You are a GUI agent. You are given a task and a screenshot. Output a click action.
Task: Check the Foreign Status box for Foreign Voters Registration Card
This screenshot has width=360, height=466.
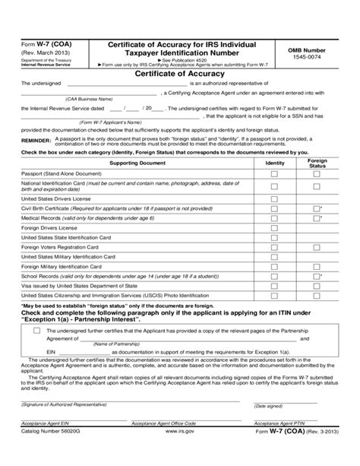coord(317,247)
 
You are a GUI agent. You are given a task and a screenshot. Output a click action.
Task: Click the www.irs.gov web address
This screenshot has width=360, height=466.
coord(178,450)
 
